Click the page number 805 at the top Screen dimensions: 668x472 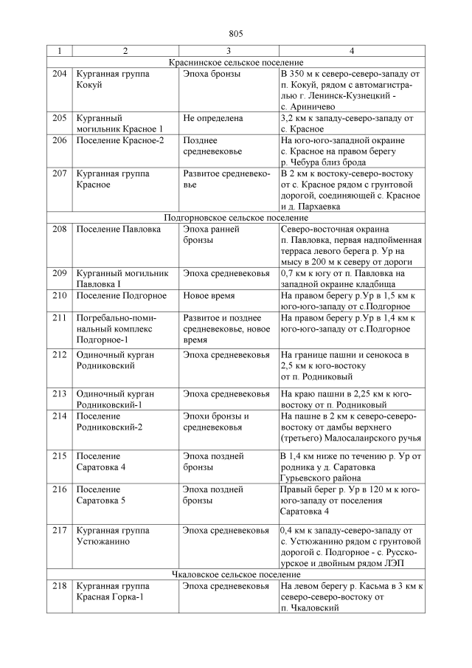(x=236, y=34)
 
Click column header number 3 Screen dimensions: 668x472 (x=229, y=51)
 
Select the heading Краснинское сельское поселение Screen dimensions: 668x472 (x=236, y=63)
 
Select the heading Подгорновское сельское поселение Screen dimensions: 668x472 (x=236, y=218)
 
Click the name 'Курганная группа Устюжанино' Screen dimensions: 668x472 (x=113, y=536)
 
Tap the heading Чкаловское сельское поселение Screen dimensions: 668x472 (x=236, y=574)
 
